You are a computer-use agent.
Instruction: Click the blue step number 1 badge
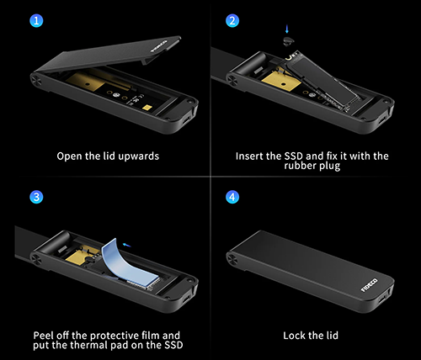(36, 21)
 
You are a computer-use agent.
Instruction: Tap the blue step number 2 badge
(232, 21)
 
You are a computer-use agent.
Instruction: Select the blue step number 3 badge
(36, 197)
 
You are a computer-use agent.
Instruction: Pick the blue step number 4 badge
(232, 197)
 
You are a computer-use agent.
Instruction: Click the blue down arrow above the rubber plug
(287, 29)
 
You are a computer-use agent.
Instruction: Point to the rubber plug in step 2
(289, 40)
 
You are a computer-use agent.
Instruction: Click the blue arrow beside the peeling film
(127, 246)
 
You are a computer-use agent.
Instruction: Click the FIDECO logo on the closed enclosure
(369, 285)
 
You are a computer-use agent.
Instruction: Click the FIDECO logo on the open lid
(159, 46)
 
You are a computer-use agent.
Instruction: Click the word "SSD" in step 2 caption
(294, 156)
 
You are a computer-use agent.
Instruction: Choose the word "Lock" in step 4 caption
(294, 336)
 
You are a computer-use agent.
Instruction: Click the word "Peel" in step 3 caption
(43, 336)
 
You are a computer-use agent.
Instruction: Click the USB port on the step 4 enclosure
(382, 299)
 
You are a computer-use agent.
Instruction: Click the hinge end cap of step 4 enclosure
(232, 259)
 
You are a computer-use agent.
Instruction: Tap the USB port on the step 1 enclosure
(185, 120)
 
